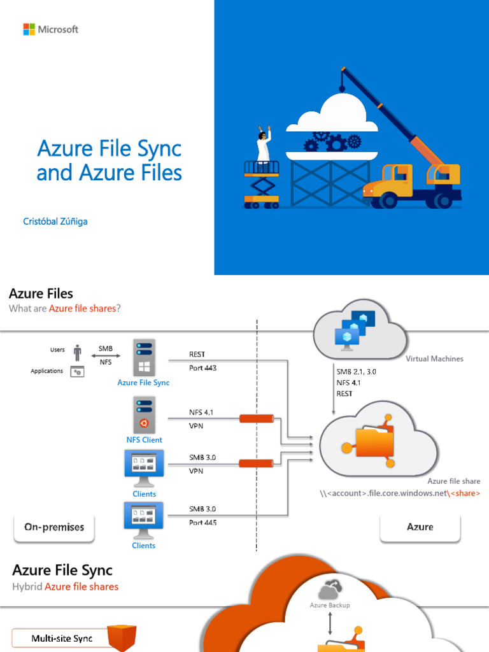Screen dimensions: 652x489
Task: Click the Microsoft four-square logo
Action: pos(29,29)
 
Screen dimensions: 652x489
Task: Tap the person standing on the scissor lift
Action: pos(263,146)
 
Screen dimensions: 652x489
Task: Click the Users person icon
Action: pos(78,353)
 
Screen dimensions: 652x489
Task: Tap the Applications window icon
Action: pos(78,371)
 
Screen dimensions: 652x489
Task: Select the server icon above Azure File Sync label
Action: pos(143,357)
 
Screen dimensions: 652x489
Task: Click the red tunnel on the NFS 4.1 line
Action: pos(257,418)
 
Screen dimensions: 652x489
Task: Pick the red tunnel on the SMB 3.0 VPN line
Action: pos(257,464)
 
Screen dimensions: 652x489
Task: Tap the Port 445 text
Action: pos(203,523)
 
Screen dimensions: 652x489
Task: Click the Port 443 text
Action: pos(203,368)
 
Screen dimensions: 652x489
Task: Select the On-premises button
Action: pos(54,527)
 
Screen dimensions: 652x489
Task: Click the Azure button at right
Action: pos(420,527)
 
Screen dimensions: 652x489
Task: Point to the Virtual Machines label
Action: pos(434,359)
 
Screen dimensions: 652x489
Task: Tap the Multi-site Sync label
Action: pos(62,638)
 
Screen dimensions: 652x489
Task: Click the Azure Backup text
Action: pos(329,605)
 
